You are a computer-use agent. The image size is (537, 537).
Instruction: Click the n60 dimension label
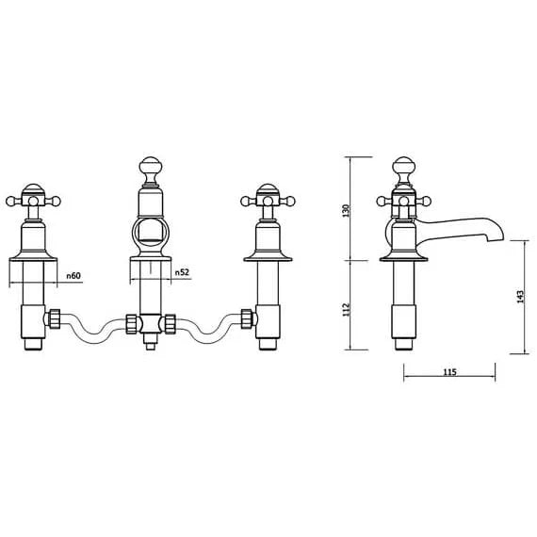tap(74, 275)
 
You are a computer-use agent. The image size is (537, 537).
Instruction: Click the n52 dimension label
tap(182, 272)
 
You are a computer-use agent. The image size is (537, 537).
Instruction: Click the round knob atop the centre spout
tap(148, 167)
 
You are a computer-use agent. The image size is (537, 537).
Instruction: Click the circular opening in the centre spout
tap(149, 236)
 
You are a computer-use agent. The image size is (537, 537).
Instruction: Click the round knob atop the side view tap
tap(404, 167)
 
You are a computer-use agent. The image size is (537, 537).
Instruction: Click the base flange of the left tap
tap(35, 254)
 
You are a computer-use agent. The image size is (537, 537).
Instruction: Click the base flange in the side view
tap(404, 254)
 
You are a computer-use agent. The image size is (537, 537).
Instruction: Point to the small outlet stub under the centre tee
tap(149, 344)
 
